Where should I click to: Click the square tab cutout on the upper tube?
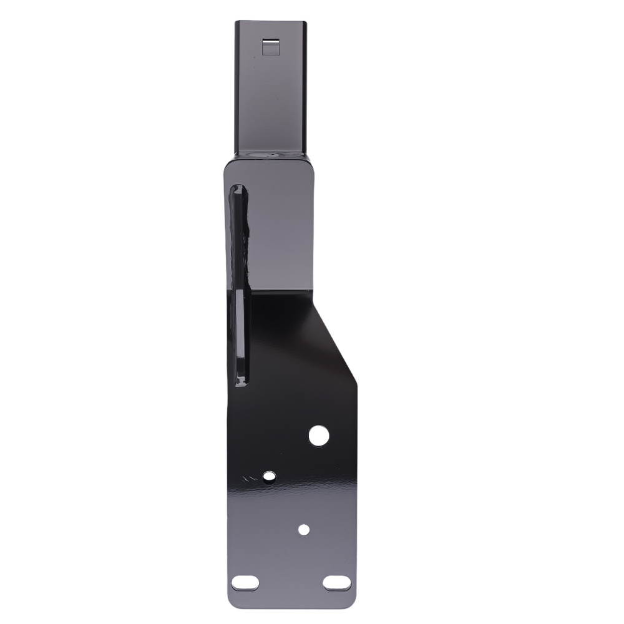point(270,47)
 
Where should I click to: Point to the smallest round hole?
point(304,529)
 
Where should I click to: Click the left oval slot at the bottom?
point(245,583)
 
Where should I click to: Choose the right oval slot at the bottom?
point(337,583)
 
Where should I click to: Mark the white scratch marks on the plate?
point(250,479)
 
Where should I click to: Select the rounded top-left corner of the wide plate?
point(228,163)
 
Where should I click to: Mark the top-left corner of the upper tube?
point(236,23)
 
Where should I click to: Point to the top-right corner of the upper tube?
point(306,23)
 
